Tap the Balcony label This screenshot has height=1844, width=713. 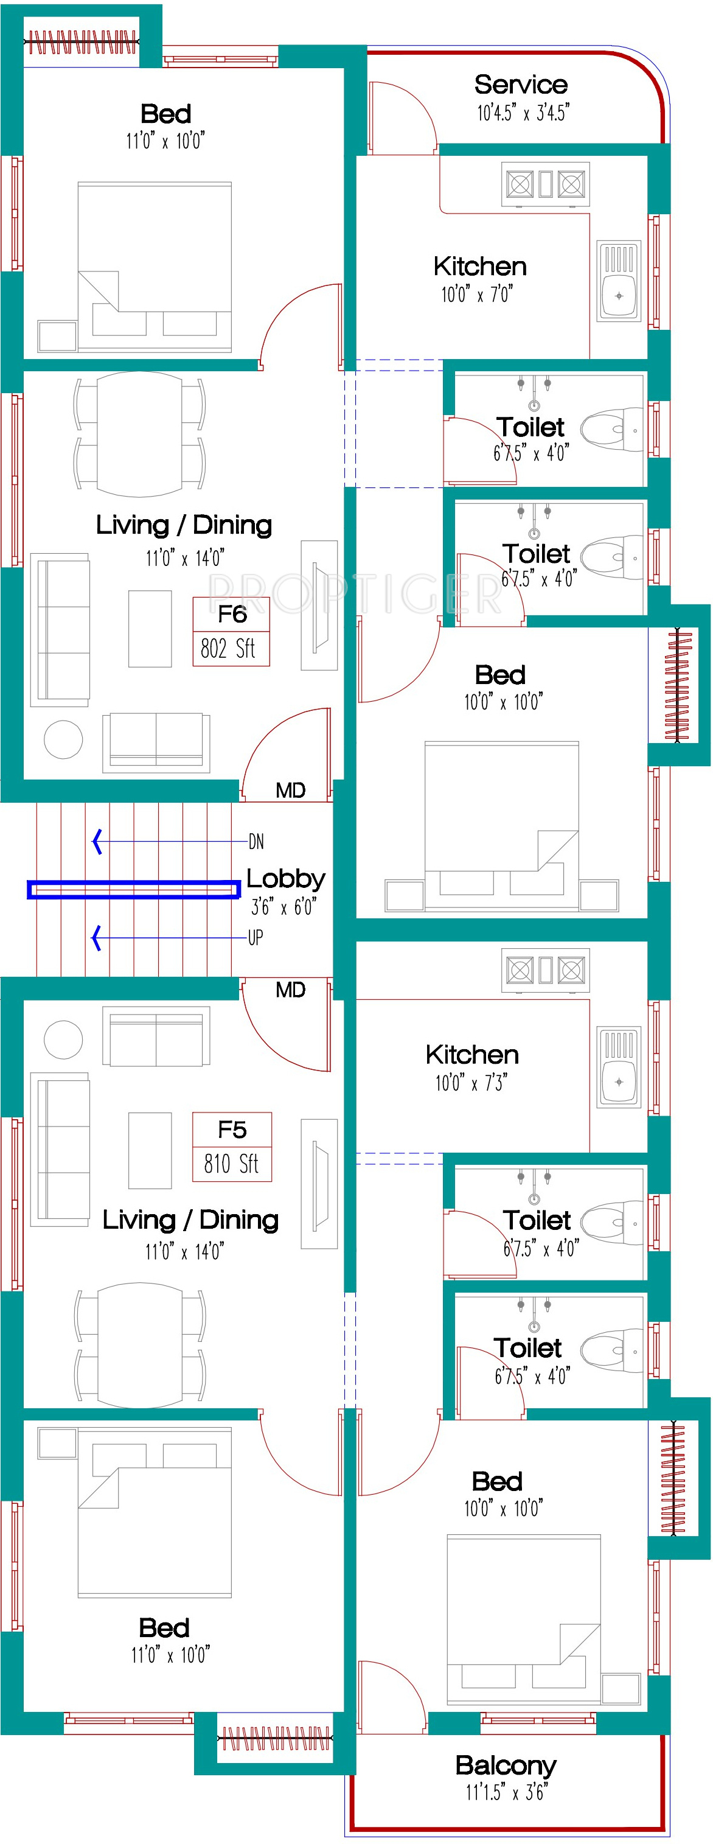(506, 1766)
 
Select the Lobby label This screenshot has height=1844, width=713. (286, 879)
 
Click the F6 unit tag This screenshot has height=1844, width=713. (232, 614)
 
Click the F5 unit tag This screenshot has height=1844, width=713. (232, 1130)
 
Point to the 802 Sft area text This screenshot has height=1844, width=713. (228, 649)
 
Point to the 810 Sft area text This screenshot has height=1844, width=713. (231, 1163)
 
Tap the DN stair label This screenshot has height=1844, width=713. (256, 842)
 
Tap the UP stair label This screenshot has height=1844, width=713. (256, 938)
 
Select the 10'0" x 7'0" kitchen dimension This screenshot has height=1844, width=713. (477, 294)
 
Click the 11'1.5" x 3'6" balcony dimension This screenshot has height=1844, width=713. (506, 1792)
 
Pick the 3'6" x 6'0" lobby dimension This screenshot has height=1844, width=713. (283, 907)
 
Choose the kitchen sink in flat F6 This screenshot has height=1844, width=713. (619, 281)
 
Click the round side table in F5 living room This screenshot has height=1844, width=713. (63, 1039)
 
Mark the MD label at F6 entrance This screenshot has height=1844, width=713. (291, 791)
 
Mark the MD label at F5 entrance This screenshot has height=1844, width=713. (291, 990)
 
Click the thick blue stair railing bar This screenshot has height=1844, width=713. (134, 889)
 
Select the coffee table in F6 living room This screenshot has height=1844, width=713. (150, 629)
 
